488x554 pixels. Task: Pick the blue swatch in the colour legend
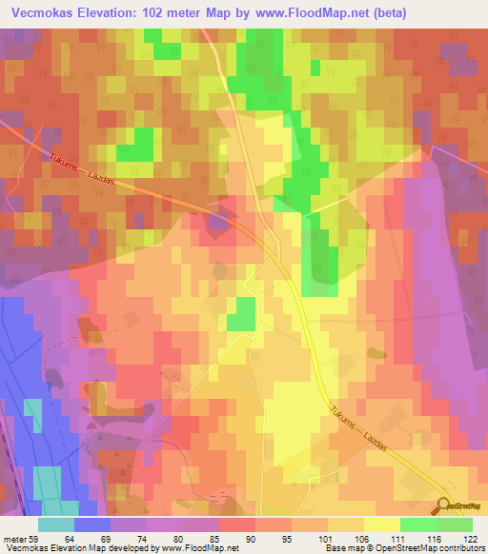(x=91, y=524)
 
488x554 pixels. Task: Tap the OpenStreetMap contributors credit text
(x=430, y=548)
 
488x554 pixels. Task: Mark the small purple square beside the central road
(x=218, y=224)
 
